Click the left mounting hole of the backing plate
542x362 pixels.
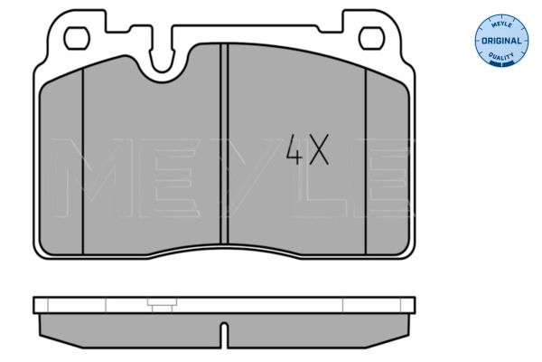pos(77,38)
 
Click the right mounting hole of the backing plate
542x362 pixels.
pos(371,38)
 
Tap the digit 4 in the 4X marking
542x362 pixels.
pos(294,149)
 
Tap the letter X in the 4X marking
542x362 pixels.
pos(319,149)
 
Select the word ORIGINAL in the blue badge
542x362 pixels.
pos(501,41)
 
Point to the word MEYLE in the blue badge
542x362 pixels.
pos(501,24)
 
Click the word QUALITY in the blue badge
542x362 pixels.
pos(501,55)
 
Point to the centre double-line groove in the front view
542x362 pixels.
pos(224,144)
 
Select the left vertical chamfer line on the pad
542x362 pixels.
pos(83,161)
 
